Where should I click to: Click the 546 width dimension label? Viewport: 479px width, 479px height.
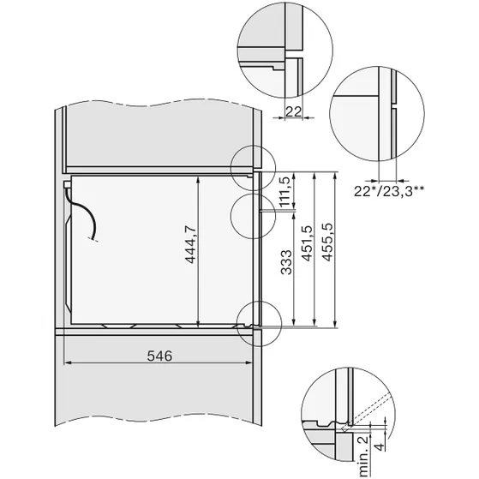pos(159,355)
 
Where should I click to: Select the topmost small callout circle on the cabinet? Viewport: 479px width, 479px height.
pos(254,165)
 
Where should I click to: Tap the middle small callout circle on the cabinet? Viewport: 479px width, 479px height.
pos(254,213)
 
